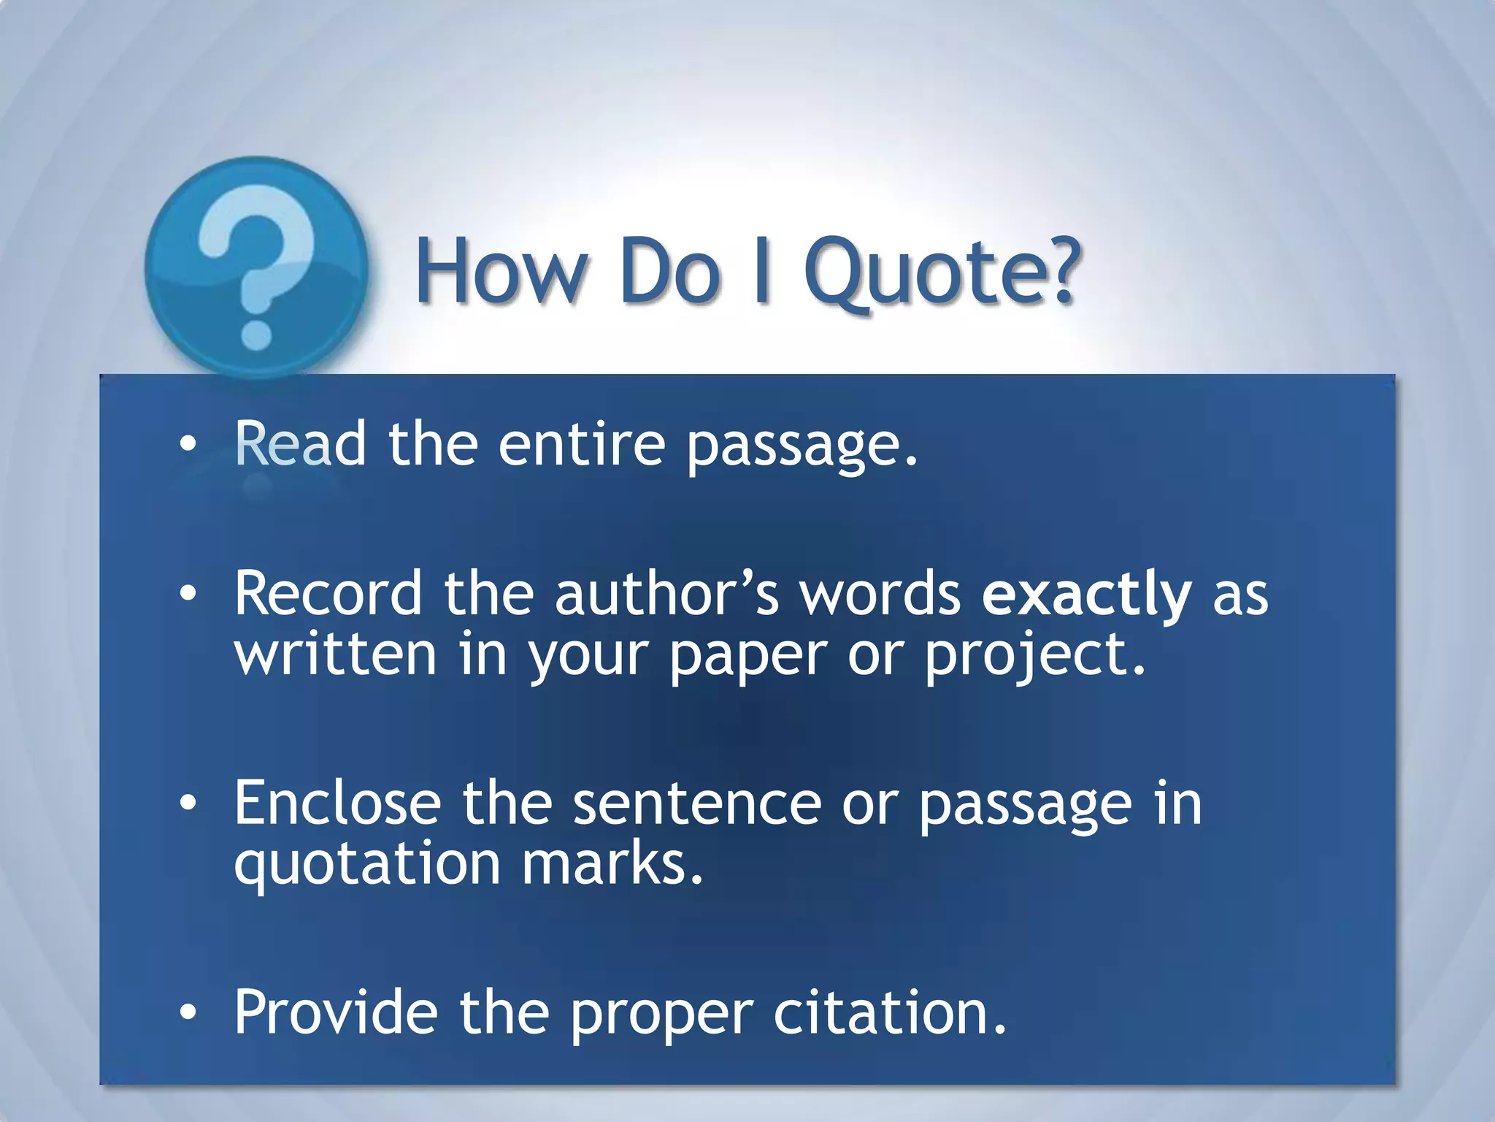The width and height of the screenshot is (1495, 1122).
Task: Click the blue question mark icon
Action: tap(255, 267)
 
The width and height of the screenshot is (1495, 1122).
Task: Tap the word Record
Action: tap(328, 594)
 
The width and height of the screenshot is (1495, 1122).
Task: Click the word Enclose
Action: tap(338, 803)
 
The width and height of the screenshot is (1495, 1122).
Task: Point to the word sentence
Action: tap(697, 803)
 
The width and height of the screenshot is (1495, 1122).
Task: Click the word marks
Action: tap(612, 863)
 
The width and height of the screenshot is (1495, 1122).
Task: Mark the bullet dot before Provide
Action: tap(188, 1013)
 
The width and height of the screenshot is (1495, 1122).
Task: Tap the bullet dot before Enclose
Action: tap(188, 804)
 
